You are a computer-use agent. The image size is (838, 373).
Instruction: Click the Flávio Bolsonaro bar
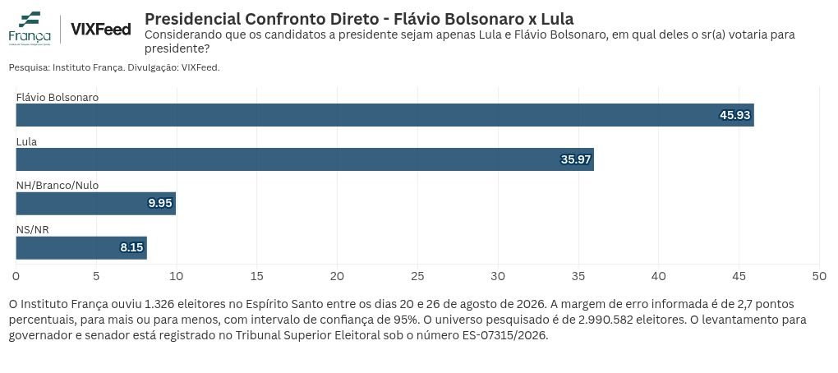click(384, 115)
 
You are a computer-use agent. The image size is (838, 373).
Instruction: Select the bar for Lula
click(305, 159)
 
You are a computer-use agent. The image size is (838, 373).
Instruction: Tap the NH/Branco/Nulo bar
click(95, 204)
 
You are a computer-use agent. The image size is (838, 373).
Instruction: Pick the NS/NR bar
click(81, 248)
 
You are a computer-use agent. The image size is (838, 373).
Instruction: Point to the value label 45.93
click(734, 115)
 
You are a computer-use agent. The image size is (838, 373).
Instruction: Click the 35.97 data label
click(575, 159)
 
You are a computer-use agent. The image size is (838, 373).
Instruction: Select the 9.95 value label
click(160, 204)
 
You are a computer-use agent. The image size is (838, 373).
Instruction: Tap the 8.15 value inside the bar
click(131, 248)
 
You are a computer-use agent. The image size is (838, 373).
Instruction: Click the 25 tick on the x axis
click(417, 276)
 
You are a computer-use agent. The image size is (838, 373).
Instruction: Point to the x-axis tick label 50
click(819, 276)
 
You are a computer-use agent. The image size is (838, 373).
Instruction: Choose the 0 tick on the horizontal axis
click(16, 276)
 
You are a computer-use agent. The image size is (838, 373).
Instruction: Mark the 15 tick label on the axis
click(256, 276)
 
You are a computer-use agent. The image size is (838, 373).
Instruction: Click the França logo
click(30, 28)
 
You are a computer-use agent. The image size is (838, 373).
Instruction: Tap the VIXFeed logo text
click(100, 29)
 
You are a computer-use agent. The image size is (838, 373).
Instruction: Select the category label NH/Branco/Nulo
click(58, 186)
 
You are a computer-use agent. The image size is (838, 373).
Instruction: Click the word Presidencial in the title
click(192, 19)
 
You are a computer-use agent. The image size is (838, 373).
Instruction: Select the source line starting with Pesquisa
click(114, 68)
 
